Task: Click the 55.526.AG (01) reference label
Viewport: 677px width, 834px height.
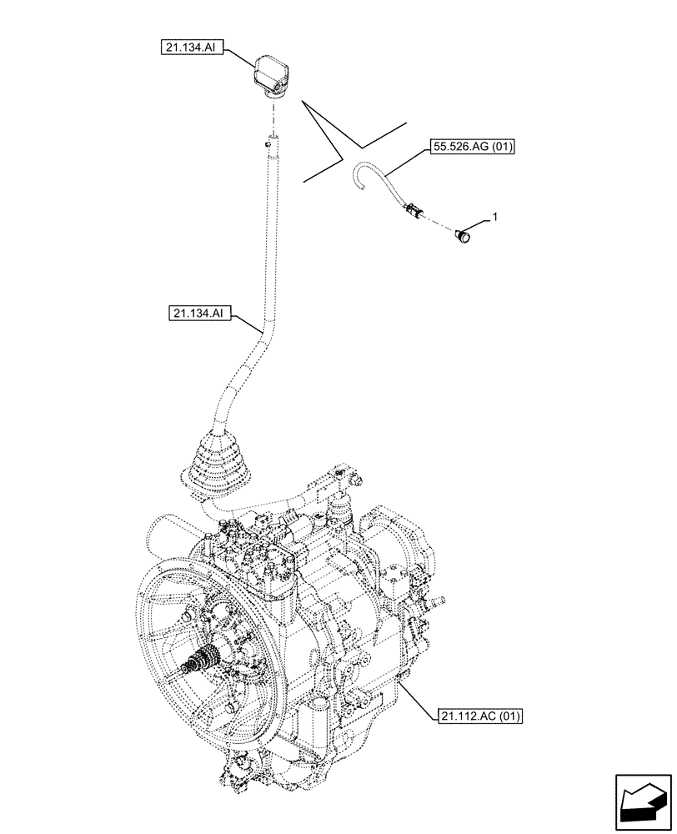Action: (x=473, y=148)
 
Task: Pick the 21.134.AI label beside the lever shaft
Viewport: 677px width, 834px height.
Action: (x=198, y=314)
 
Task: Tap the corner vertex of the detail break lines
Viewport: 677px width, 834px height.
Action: (x=341, y=158)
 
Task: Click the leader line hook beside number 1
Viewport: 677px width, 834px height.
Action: (x=478, y=222)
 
